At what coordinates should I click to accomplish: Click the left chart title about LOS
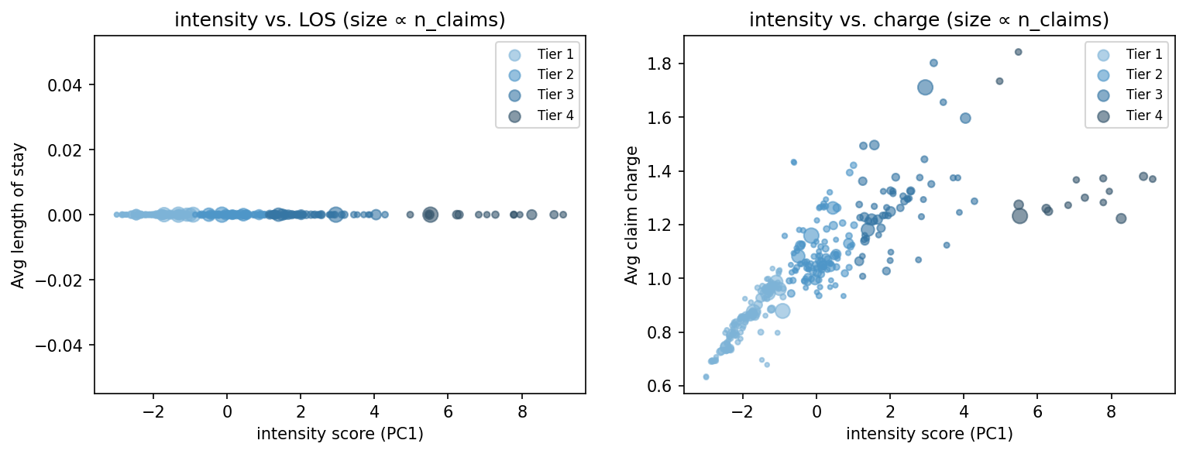[339, 21]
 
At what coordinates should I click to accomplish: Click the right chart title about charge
[929, 21]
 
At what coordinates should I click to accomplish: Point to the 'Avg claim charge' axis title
[631, 215]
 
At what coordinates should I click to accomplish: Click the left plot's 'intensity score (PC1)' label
[339, 435]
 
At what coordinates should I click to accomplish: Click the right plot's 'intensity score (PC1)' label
[929, 435]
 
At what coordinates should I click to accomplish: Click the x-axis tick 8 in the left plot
[522, 408]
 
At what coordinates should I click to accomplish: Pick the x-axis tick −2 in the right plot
[743, 408]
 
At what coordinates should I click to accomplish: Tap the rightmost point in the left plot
[563, 215]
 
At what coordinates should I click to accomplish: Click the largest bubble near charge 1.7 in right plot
[925, 88]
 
